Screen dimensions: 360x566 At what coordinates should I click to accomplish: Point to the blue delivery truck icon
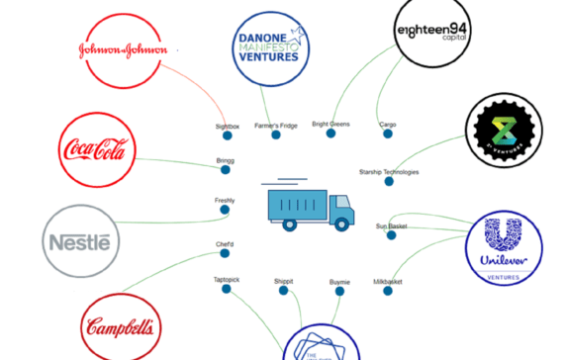(x=310, y=207)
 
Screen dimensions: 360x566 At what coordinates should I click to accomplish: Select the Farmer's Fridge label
(x=275, y=125)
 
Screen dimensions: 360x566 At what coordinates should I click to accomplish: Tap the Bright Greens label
(x=331, y=125)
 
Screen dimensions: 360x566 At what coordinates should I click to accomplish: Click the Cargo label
(x=388, y=125)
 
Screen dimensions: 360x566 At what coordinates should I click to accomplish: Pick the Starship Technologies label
(x=389, y=172)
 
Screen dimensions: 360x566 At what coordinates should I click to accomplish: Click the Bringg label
(x=225, y=160)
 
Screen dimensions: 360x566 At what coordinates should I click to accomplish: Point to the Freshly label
(x=225, y=201)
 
